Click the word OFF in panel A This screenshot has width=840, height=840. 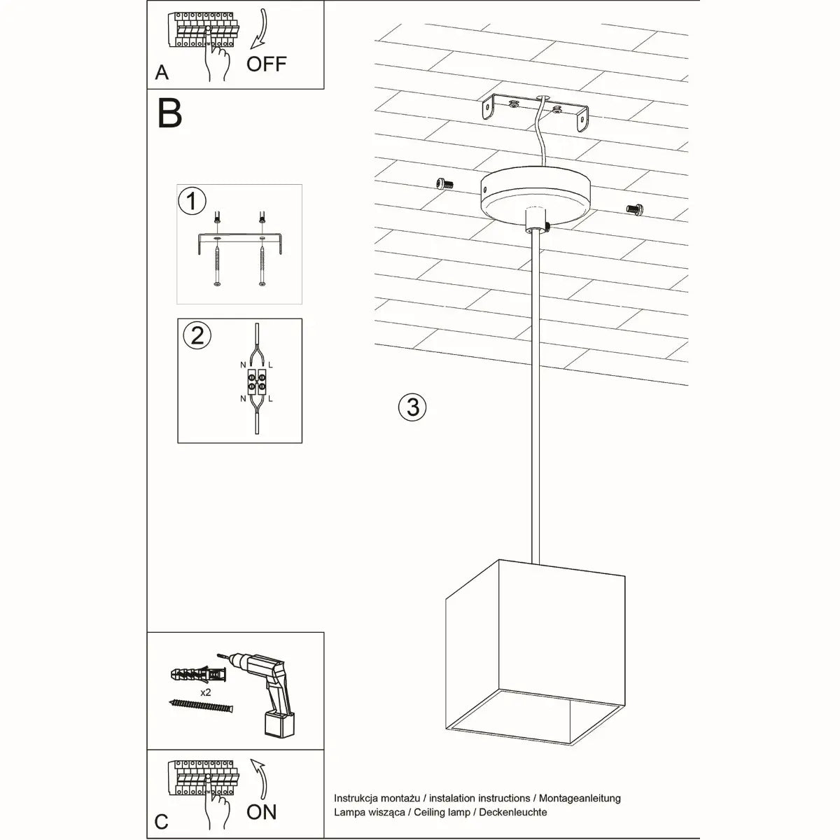[267, 64]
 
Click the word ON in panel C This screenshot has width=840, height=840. [262, 811]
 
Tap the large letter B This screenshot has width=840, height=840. [170, 113]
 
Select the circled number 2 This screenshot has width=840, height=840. [197, 335]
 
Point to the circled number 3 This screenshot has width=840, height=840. [412, 406]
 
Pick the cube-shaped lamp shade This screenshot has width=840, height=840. [535, 651]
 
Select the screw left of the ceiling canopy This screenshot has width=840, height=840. [442, 183]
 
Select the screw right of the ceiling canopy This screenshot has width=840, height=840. [635, 208]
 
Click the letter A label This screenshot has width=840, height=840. [162, 72]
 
